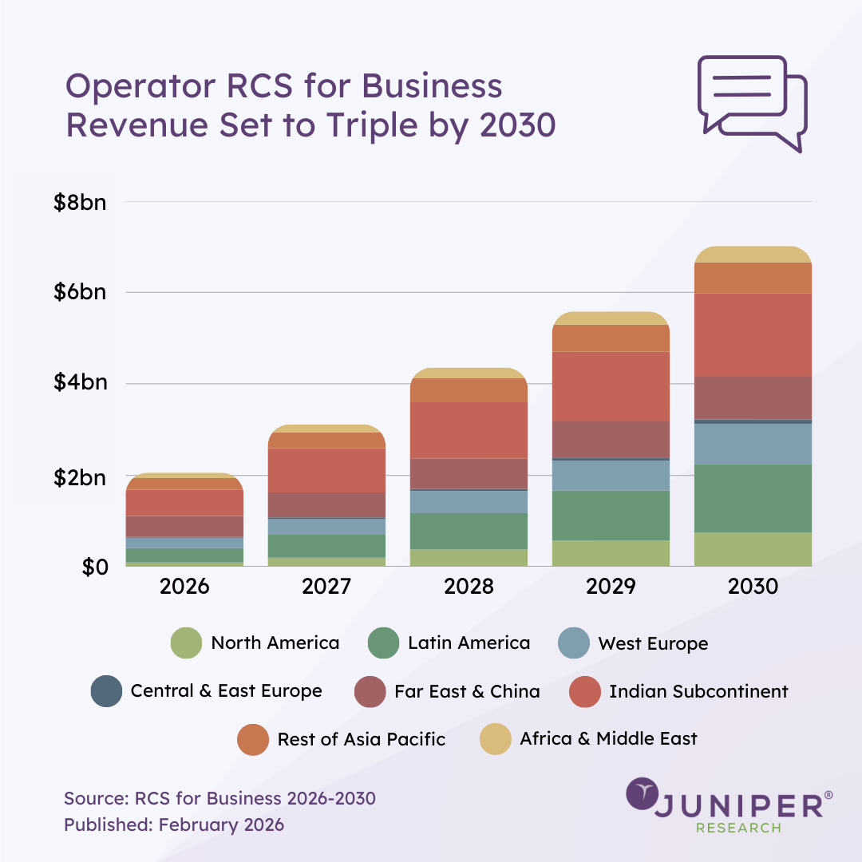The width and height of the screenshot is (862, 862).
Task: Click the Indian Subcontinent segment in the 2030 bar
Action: [x=753, y=334]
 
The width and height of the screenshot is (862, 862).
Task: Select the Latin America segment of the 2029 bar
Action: [x=611, y=515]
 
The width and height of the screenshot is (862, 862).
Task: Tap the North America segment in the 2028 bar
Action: [x=469, y=557]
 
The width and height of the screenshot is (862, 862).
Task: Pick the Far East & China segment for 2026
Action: [x=184, y=526]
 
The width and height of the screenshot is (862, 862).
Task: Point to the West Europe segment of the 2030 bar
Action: [x=753, y=443]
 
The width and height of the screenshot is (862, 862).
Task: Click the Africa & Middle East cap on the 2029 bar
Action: [x=611, y=318]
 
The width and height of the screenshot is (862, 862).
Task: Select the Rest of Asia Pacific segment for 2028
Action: [x=469, y=389]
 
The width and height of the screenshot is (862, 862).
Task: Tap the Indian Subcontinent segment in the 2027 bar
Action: [x=326, y=470]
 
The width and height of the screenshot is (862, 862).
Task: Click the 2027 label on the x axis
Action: [x=326, y=587]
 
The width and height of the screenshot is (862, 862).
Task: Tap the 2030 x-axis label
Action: [x=753, y=587]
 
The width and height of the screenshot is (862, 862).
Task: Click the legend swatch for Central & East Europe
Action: [x=107, y=691]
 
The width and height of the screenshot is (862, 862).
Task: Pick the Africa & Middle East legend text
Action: [x=608, y=739]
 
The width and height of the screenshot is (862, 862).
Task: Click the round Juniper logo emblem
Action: [x=641, y=794]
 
